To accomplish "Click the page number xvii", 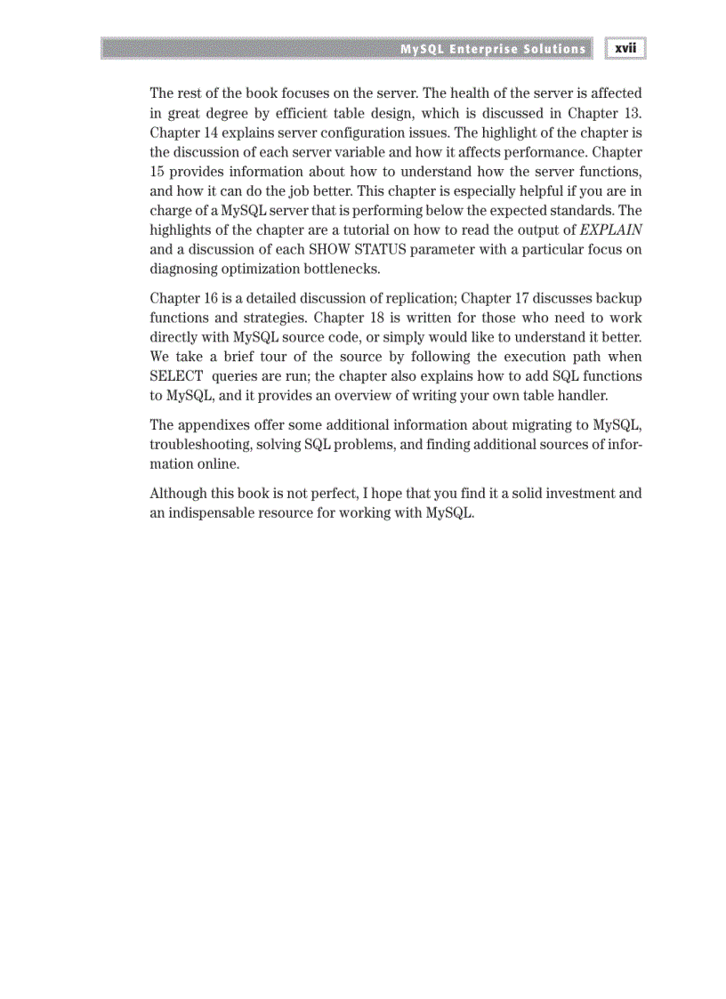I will (625, 49).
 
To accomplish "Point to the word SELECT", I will (176, 376).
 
